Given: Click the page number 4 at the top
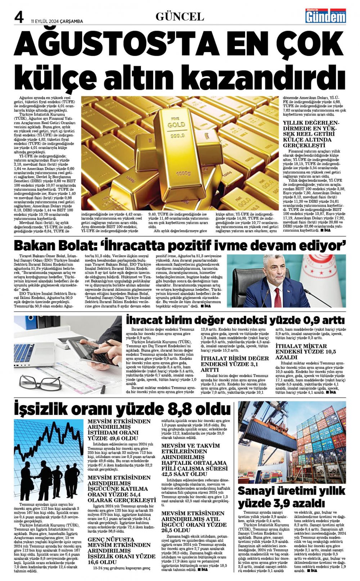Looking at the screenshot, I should (19, 17).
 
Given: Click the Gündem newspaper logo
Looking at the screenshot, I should (325, 17).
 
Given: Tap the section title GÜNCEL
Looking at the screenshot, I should (180, 17).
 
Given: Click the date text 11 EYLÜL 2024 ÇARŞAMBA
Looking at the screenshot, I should (57, 21).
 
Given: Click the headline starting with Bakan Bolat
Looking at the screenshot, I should (180, 245).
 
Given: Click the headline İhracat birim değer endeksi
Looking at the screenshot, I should (235, 319).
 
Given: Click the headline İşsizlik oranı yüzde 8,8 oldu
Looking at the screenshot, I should (122, 409).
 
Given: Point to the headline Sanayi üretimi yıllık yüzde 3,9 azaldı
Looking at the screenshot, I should (292, 496).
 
